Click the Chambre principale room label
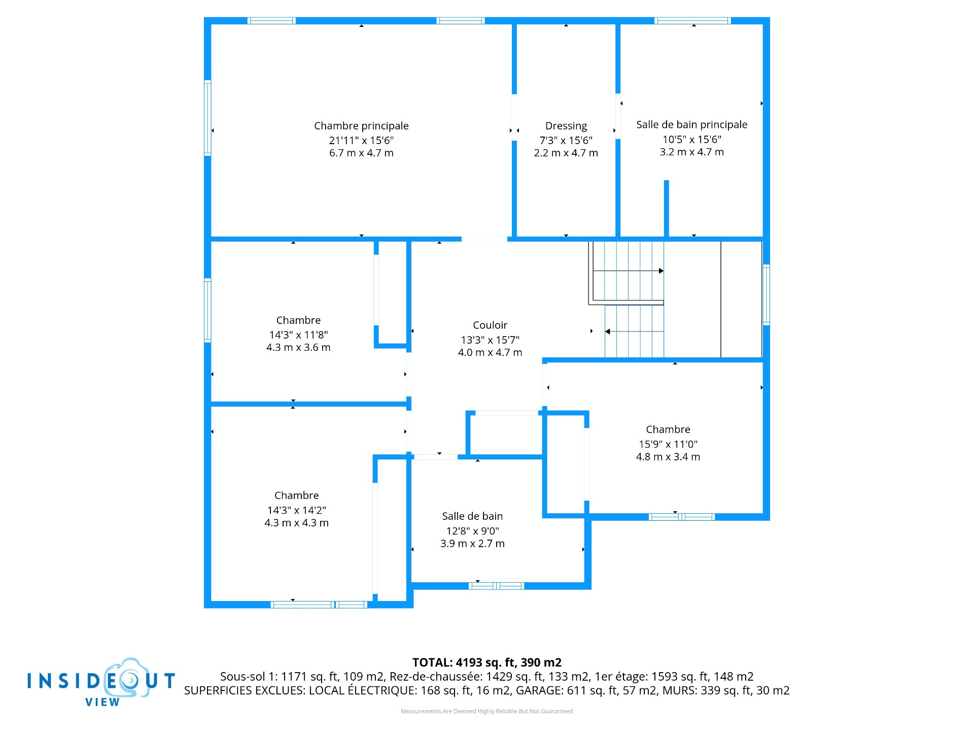pos(361,126)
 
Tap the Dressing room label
pos(566,126)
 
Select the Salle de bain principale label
pos(692,125)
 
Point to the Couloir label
pos(490,325)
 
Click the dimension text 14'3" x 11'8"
pos(298,335)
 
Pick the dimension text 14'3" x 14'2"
pos(297,510)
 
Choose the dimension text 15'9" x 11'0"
pos(668,444)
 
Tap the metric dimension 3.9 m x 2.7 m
pos(472,544)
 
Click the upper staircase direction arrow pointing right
pos(629,271)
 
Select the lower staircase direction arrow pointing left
pos(634,331)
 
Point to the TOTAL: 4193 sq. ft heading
pos(487,662)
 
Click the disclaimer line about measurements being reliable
pos(487,711)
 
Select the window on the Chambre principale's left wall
pos(207,118)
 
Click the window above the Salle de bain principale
pos(692,21)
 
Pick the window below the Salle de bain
pos(496,586)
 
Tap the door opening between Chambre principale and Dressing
pos(514,117)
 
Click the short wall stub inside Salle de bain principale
pos(667,208)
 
